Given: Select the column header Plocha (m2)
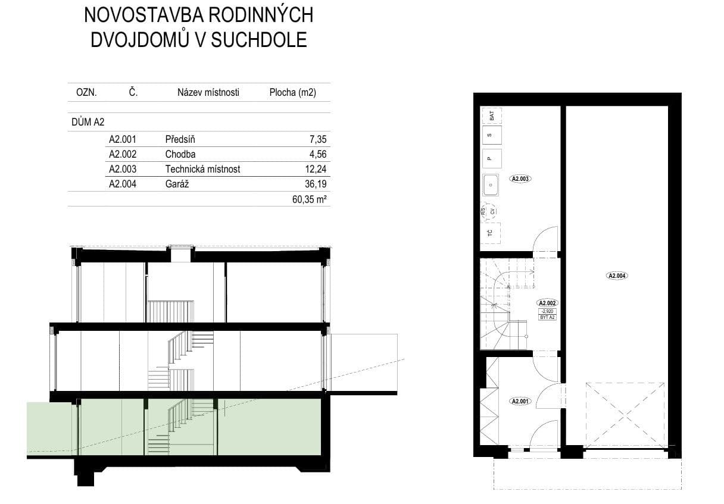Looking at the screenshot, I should coord(292,92).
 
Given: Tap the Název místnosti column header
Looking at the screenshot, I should coord(208,92).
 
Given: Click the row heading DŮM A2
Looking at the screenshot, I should coord(87,122).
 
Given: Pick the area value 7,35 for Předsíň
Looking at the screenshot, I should coord(318,140).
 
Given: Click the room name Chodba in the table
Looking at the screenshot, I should coord(180,154).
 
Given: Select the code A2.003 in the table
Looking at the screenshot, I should coord(123,169).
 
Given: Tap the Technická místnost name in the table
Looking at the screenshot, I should coord(202,169).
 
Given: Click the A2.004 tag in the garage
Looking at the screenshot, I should coord(617,276).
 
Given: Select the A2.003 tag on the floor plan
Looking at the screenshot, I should coord(520,179).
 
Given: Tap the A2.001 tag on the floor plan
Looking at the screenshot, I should coord(520,402).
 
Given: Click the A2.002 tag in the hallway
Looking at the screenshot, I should coord(547,302).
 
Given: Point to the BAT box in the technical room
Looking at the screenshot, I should coord(491,115).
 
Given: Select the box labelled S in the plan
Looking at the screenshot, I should coord(491,135).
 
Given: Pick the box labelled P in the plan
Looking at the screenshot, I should coord(491,158).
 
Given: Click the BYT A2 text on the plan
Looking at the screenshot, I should coord(547,317).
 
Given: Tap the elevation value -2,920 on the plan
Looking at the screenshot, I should coord(547,311).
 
